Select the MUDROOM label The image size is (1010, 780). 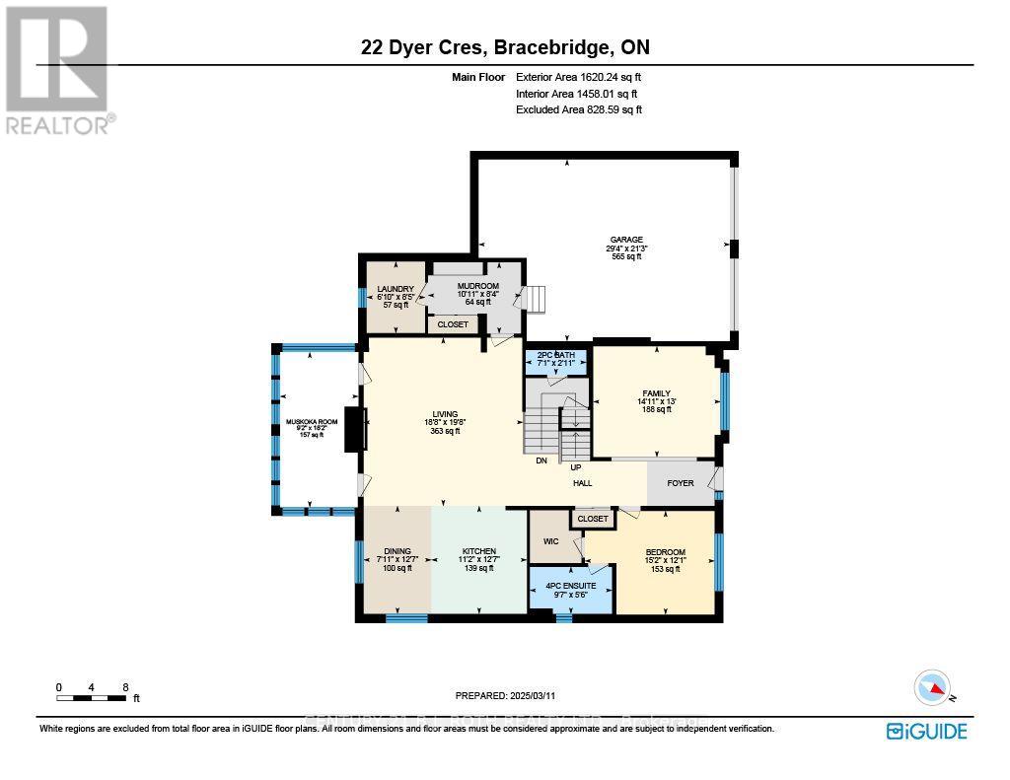[x=477, y=286]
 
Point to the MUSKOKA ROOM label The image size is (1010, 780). [x=312, y=422]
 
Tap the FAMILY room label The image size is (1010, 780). [x=656, y=393]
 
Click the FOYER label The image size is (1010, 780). [x=681, y=483]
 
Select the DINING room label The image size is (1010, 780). [x=397, y=552]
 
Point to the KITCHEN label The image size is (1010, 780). [x=479, y=552]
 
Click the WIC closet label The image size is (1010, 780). [x=550, y=541]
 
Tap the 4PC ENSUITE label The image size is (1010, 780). [x=571, y=587]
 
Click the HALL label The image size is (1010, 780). [x=583, y=483]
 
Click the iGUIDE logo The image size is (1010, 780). [x=926, y=731]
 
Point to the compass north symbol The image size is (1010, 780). [x=932, y=687]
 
